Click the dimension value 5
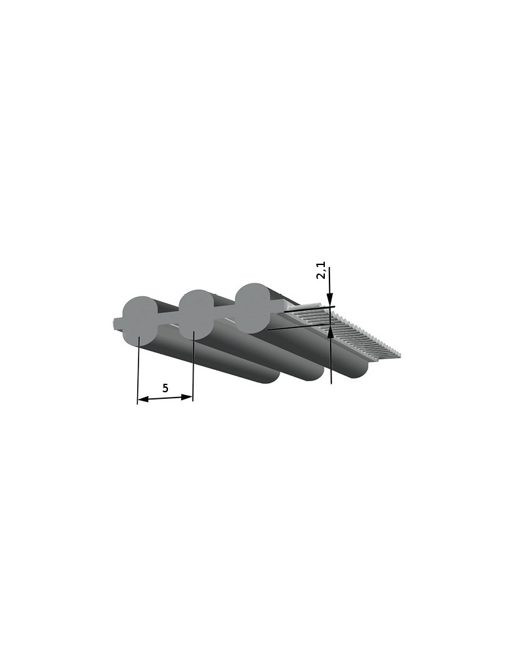click(165, 388)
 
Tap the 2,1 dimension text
click(321, 271)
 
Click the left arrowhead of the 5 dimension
click(143, 400)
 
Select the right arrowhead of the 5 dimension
click(187, 397)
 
